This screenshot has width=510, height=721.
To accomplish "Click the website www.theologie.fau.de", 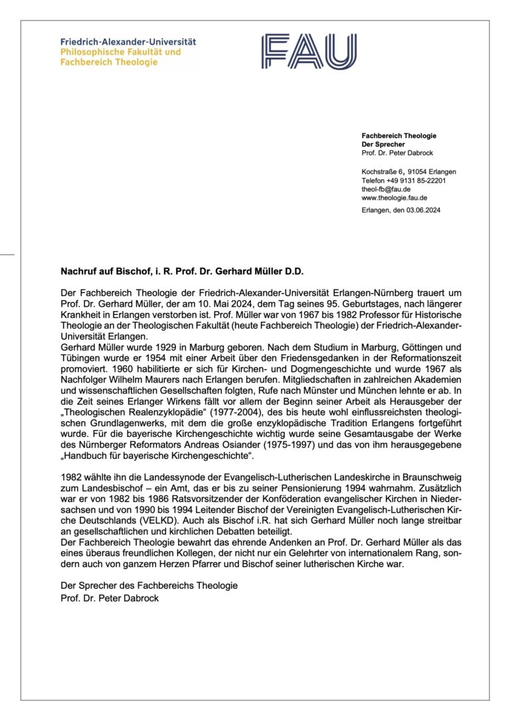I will pyautogui.click(x=394, y=197).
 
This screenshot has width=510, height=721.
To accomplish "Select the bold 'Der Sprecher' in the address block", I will pyautogui.click(x=382, y=144).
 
